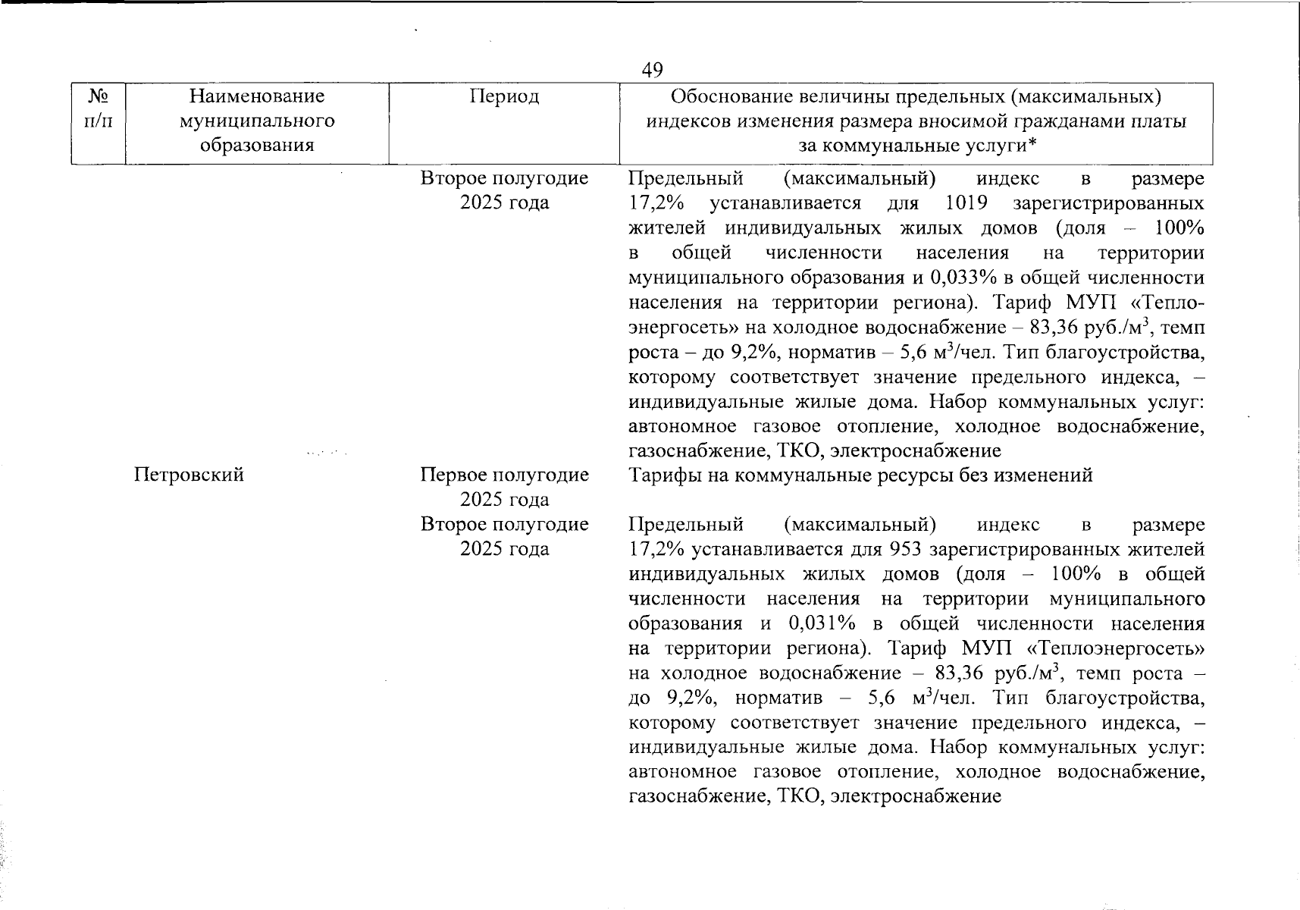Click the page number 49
(652, 71)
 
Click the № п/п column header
(99, 108)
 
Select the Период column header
(504, 96)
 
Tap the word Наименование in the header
(256, 96)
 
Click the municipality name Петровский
(189, 475)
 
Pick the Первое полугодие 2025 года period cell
(504, 487)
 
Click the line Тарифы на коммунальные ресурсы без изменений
(860, 475)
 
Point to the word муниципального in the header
(256, 121)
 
